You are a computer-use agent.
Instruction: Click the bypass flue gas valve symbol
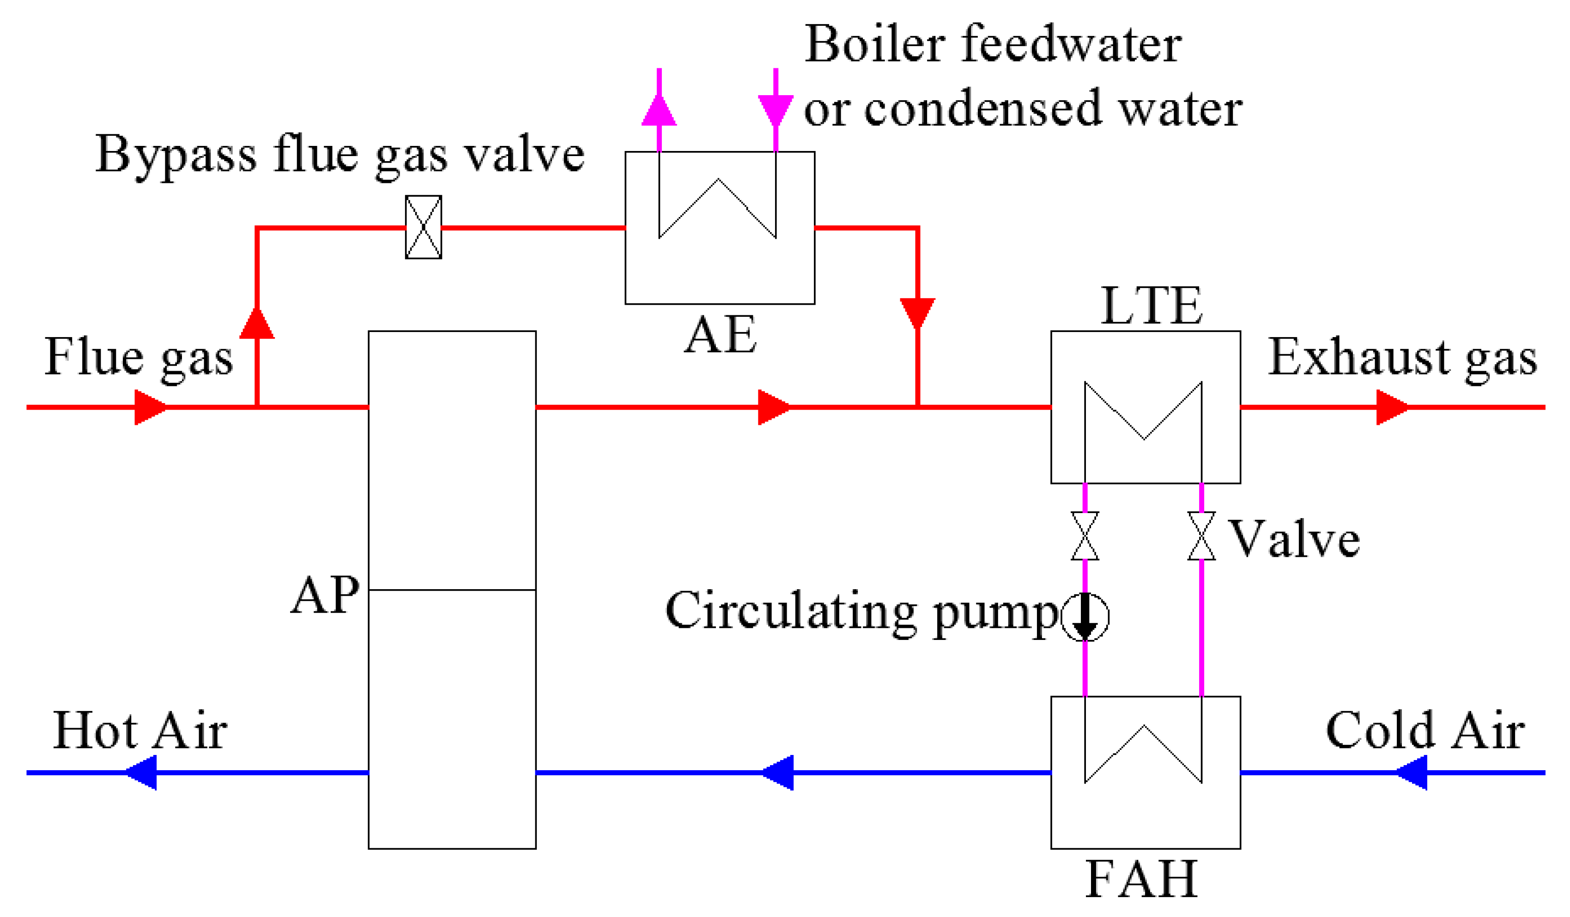click(424, 227)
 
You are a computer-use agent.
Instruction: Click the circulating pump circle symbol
click(1085, 617)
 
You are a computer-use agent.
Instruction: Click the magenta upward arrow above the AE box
click(659, 111)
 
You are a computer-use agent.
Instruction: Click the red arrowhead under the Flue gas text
click(150, 407)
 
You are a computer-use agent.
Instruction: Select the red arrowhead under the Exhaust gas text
click(1391, 407)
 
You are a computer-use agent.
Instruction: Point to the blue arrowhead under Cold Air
click(1412, 773)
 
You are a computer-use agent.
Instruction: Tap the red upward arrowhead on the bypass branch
click(257, 324)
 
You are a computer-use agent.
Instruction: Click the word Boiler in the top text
click(875, 45)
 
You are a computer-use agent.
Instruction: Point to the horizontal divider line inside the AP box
click(452, 590)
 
